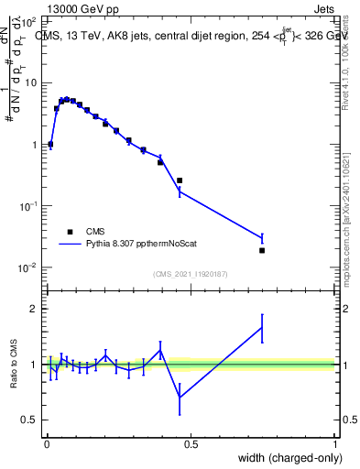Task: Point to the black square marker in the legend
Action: (x=70, y=232)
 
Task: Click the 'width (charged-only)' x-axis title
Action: (x=288, y=457)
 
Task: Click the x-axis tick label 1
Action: (x=335, y=443)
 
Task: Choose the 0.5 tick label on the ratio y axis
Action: (x=29, y=420)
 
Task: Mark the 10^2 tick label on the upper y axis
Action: (x=27, y=20)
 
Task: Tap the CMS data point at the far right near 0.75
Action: (x=262, y=250)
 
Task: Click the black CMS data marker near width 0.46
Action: (x=180, y=180)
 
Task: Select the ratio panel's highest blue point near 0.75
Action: (x=262, y=327)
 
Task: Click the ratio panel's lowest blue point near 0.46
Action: (x=180, y=398)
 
